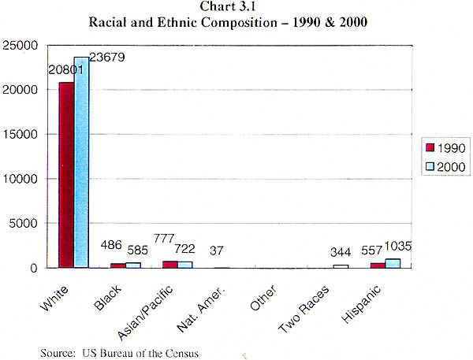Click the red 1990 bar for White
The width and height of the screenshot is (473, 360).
[66, 175]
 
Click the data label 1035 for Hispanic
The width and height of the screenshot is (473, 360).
[398, 247]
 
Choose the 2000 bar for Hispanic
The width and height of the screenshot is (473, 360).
[393, 263]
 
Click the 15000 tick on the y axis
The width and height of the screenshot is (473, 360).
[33, 134]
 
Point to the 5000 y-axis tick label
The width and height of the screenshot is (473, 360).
[37, 223]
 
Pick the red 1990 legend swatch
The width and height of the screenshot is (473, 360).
[430, 147]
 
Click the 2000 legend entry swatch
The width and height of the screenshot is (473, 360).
[430, 165]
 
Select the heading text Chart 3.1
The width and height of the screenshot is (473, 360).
[236, 8]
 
